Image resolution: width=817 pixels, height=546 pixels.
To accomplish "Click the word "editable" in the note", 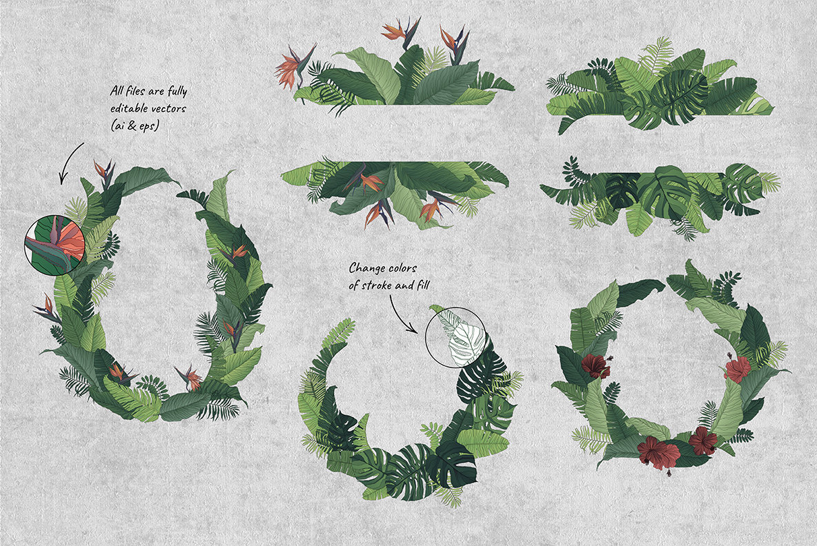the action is [x=129, y=109].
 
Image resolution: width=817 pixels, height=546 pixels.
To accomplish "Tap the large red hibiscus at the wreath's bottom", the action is [x=658, y=452].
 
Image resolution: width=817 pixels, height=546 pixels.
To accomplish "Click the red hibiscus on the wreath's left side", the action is [x=595, y=365].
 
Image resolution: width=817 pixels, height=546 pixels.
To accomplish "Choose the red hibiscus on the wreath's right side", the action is [x=737, y=368].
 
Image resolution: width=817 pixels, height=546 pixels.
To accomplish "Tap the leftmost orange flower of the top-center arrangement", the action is [x=295, y=67].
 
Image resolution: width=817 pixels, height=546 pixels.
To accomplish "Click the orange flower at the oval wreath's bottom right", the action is [x=190, y=378].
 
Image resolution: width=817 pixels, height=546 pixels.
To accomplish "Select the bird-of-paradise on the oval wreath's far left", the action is [x=47, y=309].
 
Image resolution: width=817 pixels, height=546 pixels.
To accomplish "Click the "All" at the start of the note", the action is [x=117, y=90].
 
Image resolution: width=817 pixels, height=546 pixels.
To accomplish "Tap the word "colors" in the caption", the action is [x=402, y=269].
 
